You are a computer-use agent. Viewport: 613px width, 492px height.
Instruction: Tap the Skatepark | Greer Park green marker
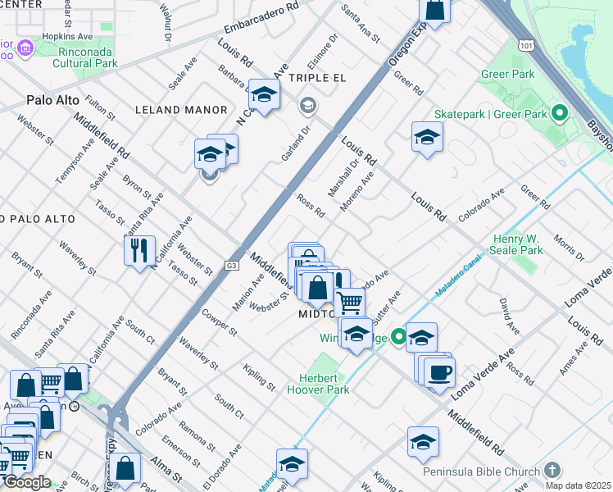click(561, 113)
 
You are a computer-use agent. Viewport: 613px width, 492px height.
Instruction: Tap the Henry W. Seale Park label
click(518, 244)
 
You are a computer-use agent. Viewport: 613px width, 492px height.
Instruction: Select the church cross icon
click(552, 471)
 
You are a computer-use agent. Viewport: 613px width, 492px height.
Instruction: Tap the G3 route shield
click(233, 265)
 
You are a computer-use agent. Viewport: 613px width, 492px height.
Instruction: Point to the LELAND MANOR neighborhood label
click(180, 110)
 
